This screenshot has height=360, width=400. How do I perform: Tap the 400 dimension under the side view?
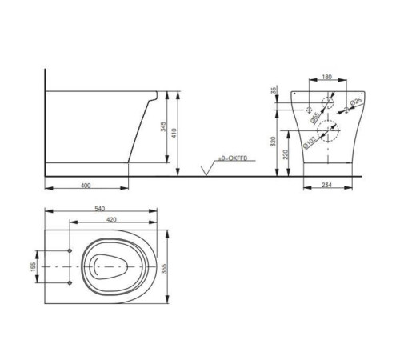coord(86,186)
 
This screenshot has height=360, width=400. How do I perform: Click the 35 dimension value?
coord(273,92)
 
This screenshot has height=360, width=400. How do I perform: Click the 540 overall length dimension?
coord(99,209)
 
